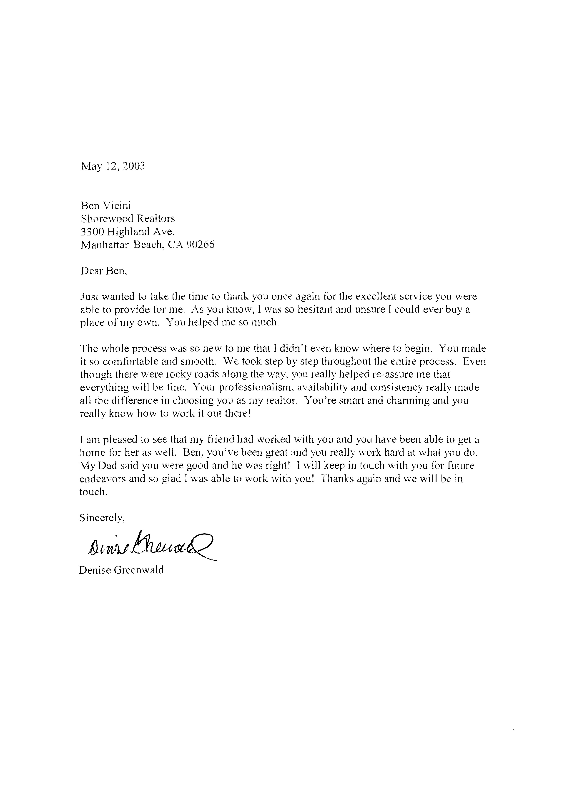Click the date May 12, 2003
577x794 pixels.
click(113, 166)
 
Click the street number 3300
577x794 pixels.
click(92, 232)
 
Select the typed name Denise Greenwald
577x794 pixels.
click(121, 570)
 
